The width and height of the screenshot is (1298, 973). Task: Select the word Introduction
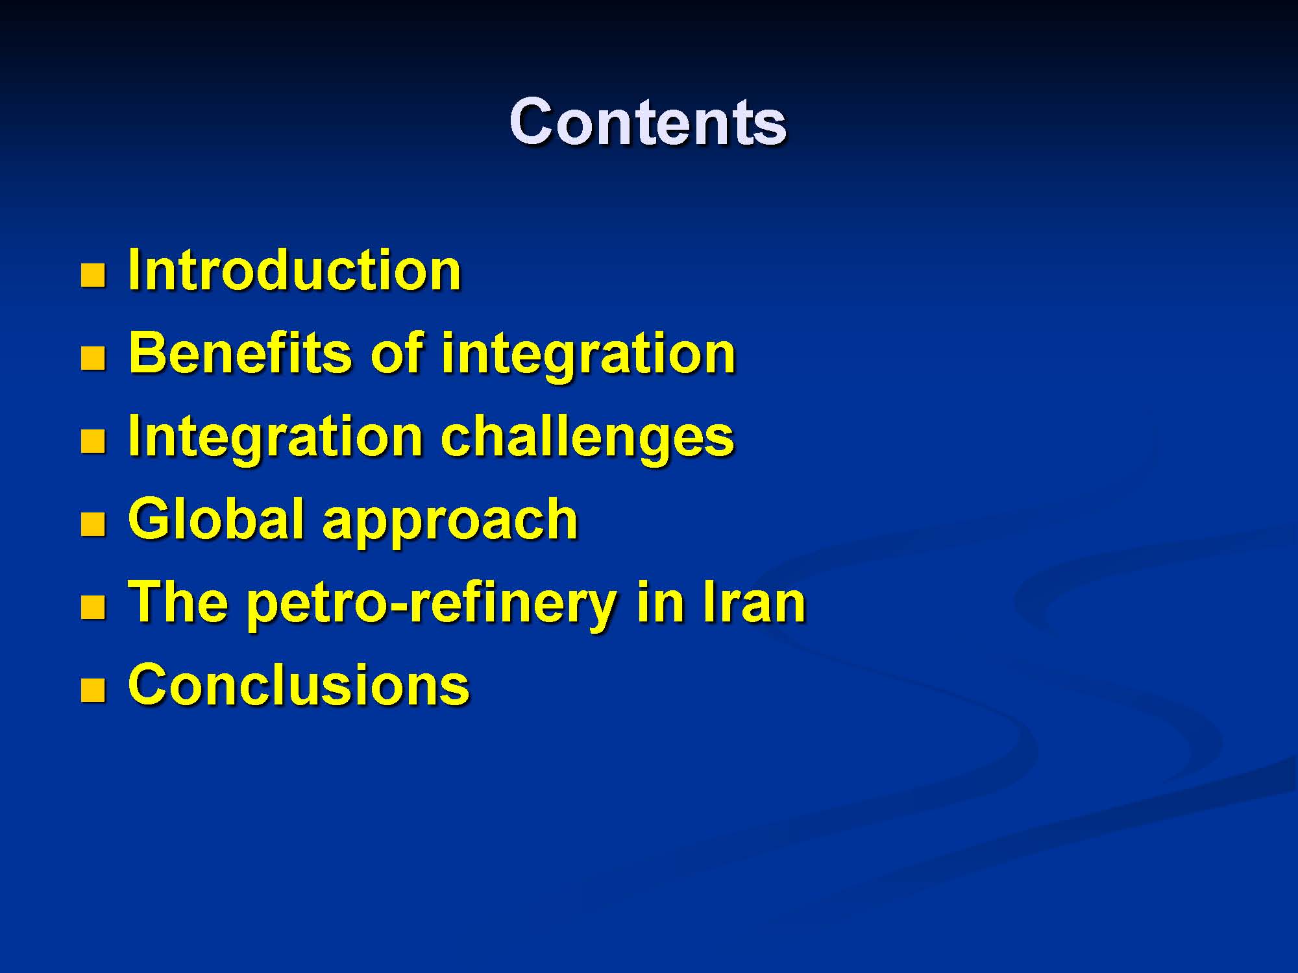pos(295,270)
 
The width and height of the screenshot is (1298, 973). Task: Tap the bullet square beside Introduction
pos(93,275)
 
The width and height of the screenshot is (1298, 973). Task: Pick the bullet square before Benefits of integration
pos(93,358)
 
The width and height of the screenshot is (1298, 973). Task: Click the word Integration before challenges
pos(276,438)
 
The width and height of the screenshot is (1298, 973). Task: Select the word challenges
pos(587,438)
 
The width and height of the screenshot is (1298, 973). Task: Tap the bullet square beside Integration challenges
pos(93,441)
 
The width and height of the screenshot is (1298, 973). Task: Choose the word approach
pos(450,523)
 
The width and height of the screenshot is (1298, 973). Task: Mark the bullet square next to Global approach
pos(93,524)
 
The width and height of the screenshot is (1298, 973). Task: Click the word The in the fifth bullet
pos(178,601)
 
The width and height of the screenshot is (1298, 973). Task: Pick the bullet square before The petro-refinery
pos(93,607)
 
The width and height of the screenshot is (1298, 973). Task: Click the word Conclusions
pos(299,684)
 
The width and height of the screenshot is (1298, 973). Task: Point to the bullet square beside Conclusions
pos(93,690)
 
